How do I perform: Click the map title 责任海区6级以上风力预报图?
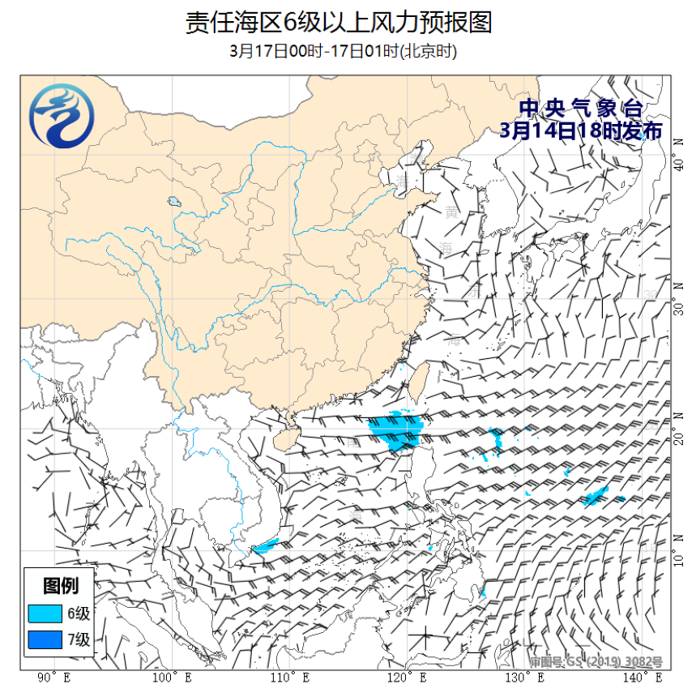pos(339,22)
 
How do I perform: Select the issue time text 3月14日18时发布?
pos(581,131)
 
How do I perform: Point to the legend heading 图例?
pos(60,585)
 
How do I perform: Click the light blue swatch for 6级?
pos(45,613)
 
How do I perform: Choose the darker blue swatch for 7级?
pos(45,640)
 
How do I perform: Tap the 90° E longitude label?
pos(54,677)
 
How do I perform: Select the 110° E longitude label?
pos(288,677)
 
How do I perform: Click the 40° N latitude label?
pos(679,165)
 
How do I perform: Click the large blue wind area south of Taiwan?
pos(395,430)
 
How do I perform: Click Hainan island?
pos(281,438)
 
